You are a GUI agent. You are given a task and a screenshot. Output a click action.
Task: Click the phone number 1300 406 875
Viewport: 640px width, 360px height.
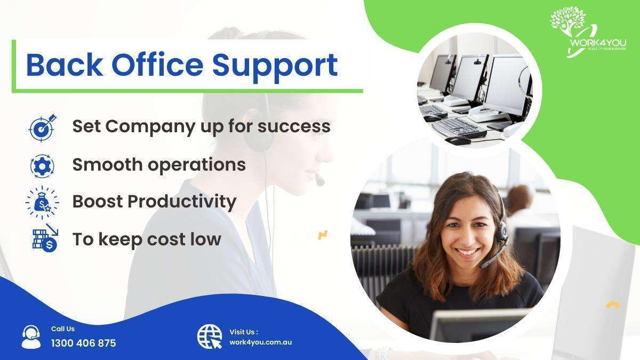83,343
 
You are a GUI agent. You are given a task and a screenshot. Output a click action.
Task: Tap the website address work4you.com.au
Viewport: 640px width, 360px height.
260,342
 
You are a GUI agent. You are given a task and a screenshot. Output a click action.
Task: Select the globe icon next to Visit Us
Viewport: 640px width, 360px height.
210,337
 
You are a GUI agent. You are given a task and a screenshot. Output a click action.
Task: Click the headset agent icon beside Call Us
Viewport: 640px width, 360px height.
31,337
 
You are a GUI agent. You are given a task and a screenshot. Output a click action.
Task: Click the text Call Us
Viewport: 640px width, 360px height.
63,329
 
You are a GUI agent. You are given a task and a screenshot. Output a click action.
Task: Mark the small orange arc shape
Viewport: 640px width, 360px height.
613,305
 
